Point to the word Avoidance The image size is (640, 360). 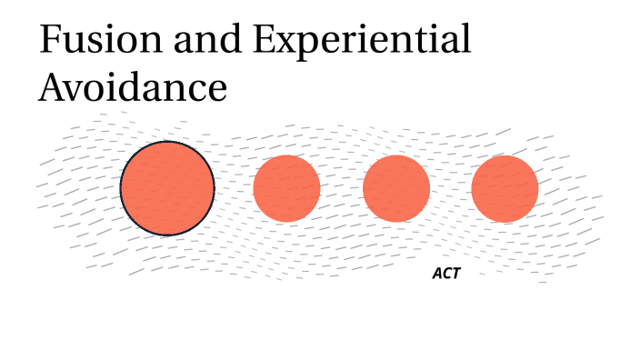132,88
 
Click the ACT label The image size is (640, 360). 445,273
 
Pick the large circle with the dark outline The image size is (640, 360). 167,188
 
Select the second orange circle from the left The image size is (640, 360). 286,188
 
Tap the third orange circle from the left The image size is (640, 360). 396,188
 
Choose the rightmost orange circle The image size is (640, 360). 505,188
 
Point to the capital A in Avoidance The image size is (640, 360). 53,88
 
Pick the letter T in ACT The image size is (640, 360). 455,273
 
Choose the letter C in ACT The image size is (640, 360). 445,273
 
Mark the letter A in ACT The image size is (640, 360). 436,273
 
